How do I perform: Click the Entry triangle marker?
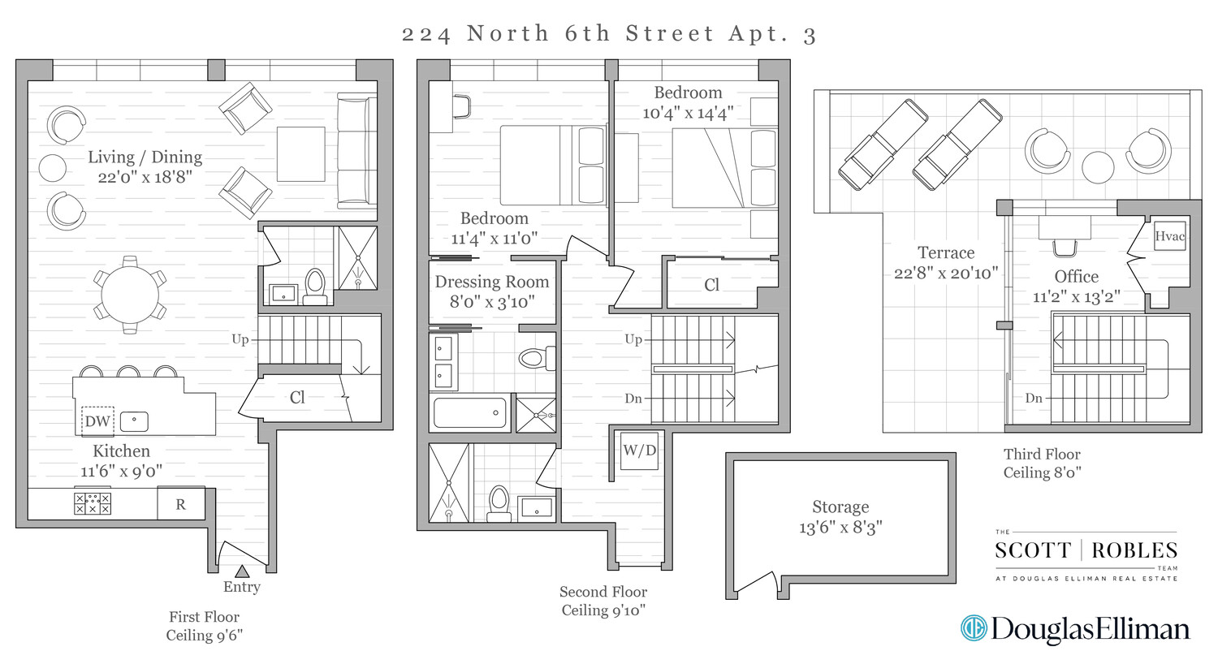point(242,571)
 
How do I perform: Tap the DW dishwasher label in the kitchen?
point(97,421)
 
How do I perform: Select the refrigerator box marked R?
point(180,504)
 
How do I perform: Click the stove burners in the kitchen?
point(92,503)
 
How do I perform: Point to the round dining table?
point(130,294)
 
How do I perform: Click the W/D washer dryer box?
point(639,451)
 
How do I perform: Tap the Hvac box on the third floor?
point(1169,236)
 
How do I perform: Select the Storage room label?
point(840,507)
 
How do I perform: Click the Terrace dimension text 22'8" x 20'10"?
point(946,274)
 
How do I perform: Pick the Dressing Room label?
point(492,282)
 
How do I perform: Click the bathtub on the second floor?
point(469,412)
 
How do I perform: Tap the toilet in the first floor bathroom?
point(315,285)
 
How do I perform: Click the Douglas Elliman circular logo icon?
point(973,627)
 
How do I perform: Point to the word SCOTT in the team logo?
point(1033,550)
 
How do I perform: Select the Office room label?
point(1076,277)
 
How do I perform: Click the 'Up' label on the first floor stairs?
point(240,339)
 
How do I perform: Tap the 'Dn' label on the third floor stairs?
point(1034,398)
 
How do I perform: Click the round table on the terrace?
point(1099,167)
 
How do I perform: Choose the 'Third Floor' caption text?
point(1042,455)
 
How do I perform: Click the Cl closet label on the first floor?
point(298,398)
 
